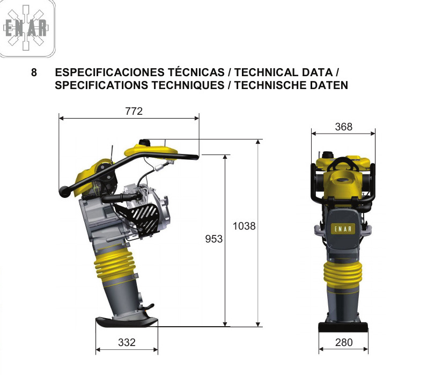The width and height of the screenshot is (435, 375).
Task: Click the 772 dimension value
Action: click(x=134, y=111)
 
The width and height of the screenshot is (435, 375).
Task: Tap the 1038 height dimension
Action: click(x=244, y=226)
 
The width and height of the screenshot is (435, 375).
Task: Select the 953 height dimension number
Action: click(x=213, y=239)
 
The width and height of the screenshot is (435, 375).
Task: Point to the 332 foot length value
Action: click(x=127, y=342)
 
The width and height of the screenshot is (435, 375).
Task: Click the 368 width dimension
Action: click(x=343, y=127)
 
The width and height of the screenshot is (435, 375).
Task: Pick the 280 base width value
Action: click(x=344, y=342)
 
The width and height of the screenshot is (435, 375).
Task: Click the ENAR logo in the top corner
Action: click(x=26, y=28)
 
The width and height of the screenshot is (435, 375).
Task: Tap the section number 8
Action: click(x=34, y=72)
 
